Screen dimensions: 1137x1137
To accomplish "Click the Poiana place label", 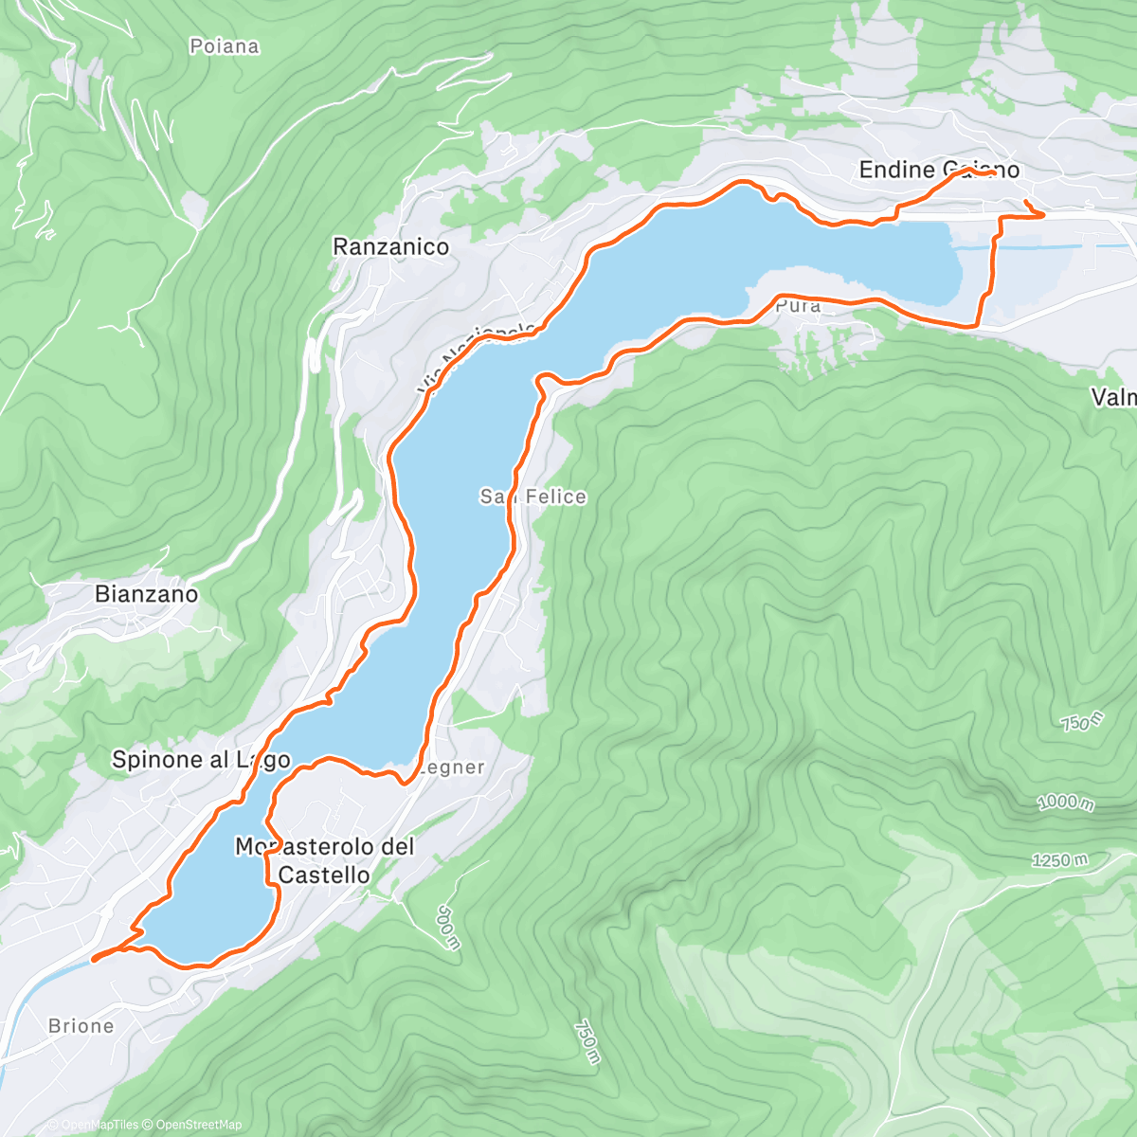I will point(224,46).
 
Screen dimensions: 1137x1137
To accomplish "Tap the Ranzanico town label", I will point(390,247).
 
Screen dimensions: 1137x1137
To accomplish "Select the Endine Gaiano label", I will point(938,170).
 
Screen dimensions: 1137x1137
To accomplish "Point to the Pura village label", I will point(797,306).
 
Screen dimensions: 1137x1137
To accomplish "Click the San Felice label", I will point(532,496).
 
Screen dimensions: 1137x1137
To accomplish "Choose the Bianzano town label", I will point(147,594).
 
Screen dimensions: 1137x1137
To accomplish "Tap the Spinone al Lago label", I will point(200,759).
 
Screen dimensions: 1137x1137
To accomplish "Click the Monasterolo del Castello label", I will point(324,860).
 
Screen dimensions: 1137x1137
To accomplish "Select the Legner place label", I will point(452,767).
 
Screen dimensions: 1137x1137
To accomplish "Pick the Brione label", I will point(81,1026).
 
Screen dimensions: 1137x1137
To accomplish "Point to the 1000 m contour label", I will point(1065,803).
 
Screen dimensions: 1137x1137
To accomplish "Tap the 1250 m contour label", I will point(1059,860).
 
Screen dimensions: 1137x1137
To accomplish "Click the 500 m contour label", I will point(448,928).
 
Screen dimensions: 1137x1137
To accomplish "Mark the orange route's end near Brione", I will point(94,959).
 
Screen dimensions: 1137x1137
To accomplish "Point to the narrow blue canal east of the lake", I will point(1023,247).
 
